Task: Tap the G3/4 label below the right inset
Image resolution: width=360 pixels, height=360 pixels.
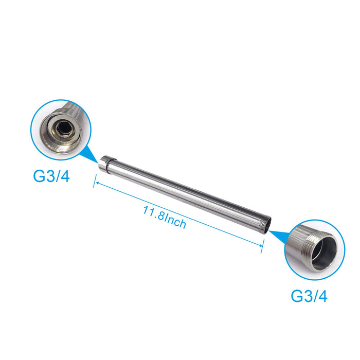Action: [x=309, y=296]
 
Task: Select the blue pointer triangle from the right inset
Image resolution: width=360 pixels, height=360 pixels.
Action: [x=276, y=235]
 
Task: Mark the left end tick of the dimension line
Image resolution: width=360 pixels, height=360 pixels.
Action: [x=95, y=181]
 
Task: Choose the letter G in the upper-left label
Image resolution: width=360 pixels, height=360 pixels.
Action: [x=40, y=176]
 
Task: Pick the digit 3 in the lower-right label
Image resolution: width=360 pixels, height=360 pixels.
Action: [x=307, y=296]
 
